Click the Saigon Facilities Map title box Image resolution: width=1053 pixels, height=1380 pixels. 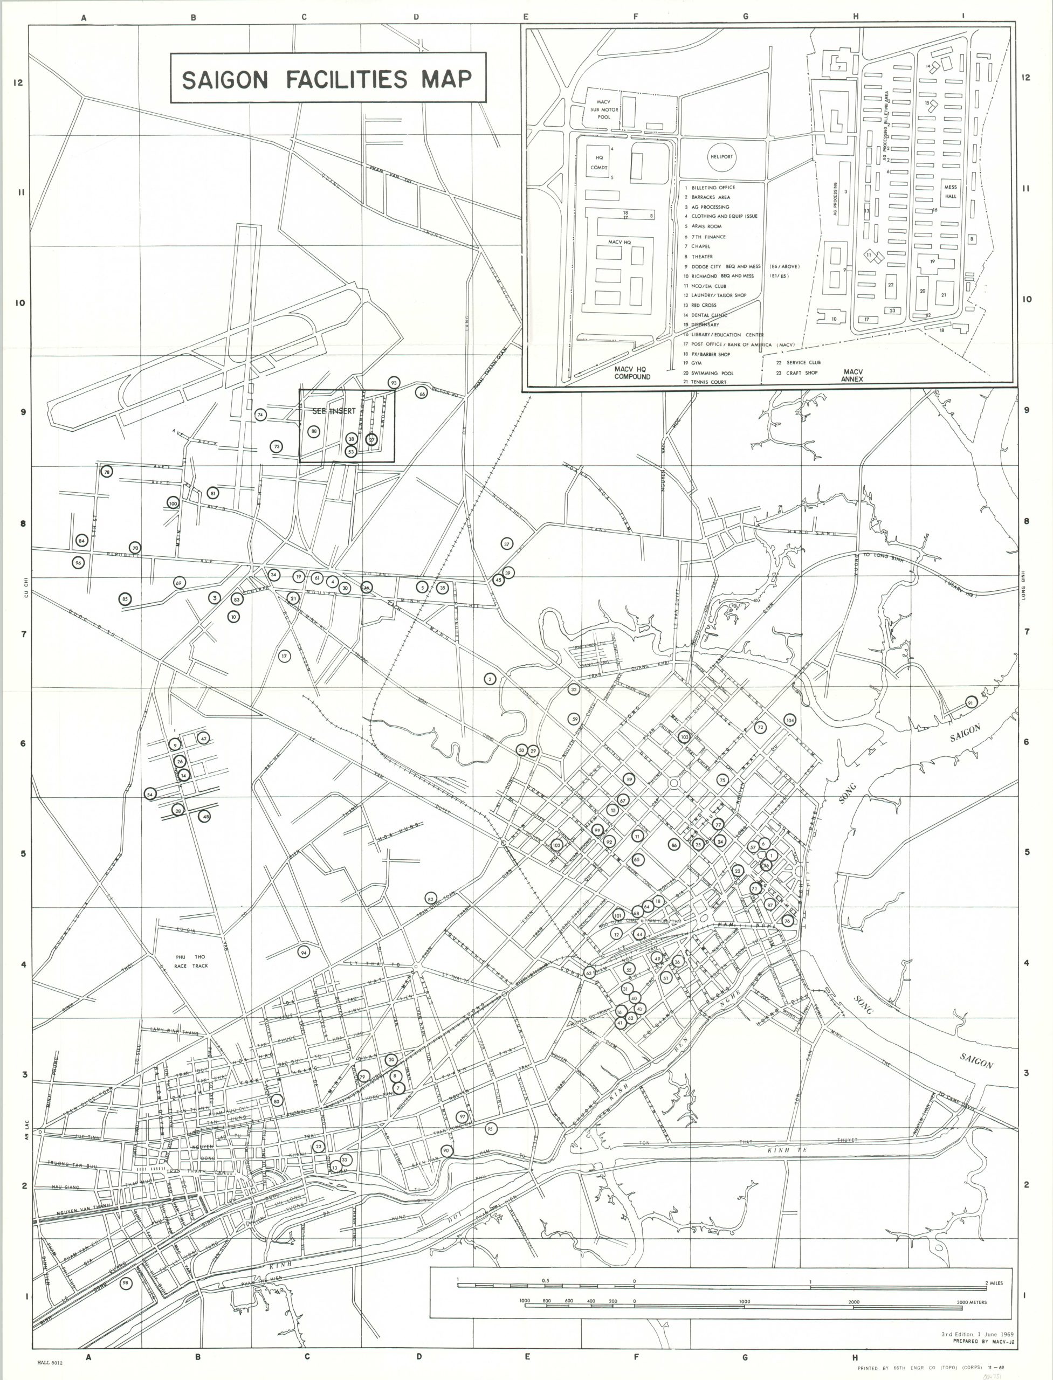328,78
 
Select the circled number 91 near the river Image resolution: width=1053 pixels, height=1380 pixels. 971,702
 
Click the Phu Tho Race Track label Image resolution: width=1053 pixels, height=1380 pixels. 191,961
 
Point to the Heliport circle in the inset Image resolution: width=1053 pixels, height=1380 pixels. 721,157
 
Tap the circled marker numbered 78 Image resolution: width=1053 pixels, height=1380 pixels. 107,472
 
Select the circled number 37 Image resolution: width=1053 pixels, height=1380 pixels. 506,544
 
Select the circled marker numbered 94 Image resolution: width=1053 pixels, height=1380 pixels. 304,953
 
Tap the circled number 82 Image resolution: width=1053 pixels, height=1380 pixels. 430,899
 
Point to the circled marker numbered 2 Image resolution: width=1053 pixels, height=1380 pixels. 490,679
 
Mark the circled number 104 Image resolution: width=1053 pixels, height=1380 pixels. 789,720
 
